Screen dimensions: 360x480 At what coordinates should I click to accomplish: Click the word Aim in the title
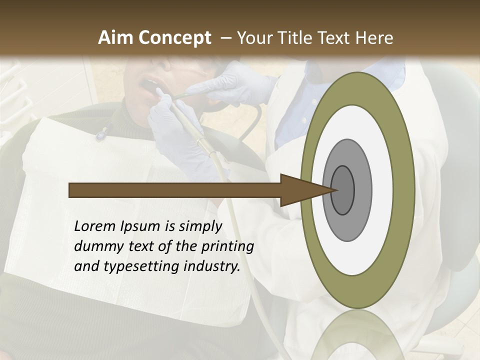click(116, 38)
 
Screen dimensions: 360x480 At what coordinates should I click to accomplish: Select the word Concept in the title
click(174, 38)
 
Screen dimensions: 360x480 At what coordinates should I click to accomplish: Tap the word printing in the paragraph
click(227, 247)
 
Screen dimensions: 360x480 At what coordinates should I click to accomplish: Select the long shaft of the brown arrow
click(175, 190)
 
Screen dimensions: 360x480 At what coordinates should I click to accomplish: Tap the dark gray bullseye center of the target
click(343, 190)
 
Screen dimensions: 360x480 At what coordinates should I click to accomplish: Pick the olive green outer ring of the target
click(406, 190)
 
